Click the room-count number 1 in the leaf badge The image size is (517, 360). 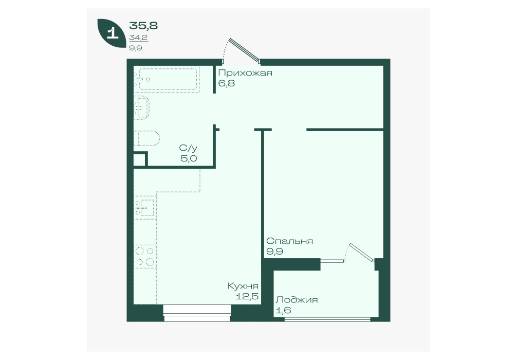coord(113,33)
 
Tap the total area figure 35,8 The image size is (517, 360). coord(143,25)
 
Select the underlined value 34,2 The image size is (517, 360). coord(138,38)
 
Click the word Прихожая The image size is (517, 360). coord(245,73)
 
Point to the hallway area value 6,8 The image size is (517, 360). coord(227,83)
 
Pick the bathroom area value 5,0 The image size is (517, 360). coord(189,158)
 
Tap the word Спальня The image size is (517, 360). coord(289,241)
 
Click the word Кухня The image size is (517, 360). coord(243,286)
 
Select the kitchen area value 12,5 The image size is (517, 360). coord(247,296)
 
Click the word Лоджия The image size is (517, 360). coord(297,300)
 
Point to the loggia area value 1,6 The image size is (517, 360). coord(284,310)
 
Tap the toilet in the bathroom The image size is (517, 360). coord(147,138)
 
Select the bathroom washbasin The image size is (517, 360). coord(142,107)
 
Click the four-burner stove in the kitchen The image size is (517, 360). coord(145,257)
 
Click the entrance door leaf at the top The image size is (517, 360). coord(244,50)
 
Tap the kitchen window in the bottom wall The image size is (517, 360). coord(197,313)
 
